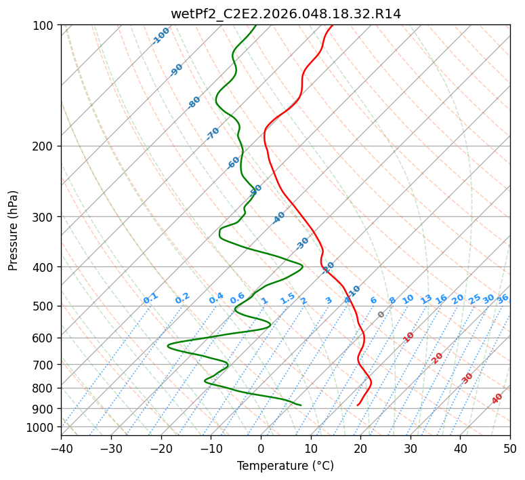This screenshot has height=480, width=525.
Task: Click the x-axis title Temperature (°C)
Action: tap(285, 466)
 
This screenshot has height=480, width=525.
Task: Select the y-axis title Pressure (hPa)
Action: tap(14, 231)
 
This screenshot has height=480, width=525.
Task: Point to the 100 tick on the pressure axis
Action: tap(45, 26)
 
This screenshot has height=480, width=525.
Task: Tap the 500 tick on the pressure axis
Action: tap(45, 306)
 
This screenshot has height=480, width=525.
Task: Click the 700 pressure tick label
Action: tap(45, 365)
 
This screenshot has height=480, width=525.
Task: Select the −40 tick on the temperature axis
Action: tap(61, 449)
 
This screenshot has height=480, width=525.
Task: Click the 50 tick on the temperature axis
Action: tap(510, 449)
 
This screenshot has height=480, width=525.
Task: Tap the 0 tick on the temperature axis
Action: tap(261, 449)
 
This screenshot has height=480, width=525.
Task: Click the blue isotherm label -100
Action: tap(161, 35)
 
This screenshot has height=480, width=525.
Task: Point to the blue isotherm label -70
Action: tap(213, 133)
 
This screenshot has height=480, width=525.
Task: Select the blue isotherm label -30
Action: tap(302, 243)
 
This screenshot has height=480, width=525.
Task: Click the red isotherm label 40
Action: tap(497, 399)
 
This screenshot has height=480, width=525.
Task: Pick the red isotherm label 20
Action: tap(438, 357)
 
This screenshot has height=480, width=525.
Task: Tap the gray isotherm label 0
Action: tap(381, 315)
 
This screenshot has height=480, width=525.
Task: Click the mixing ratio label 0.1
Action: tap(150, 298)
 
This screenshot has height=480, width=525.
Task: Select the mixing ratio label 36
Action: tap(503, 298)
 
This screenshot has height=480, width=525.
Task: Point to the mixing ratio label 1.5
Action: tap(287, 298)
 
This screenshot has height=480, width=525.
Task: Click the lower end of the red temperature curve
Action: tap(358, 405)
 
